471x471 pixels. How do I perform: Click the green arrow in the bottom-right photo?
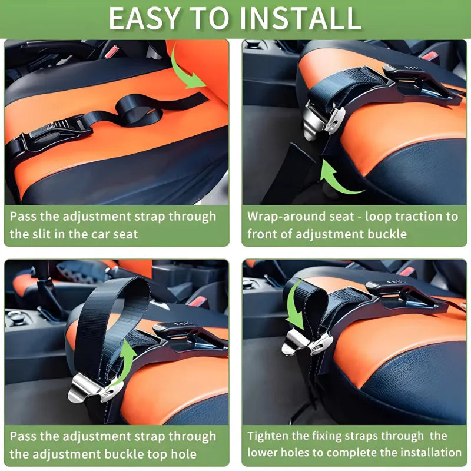pyautogui.click(x=296, y=311)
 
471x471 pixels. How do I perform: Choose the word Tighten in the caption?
pyautogui.click(x=270, y=436)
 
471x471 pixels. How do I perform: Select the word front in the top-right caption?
pyautogui.click(x=263, y=234)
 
